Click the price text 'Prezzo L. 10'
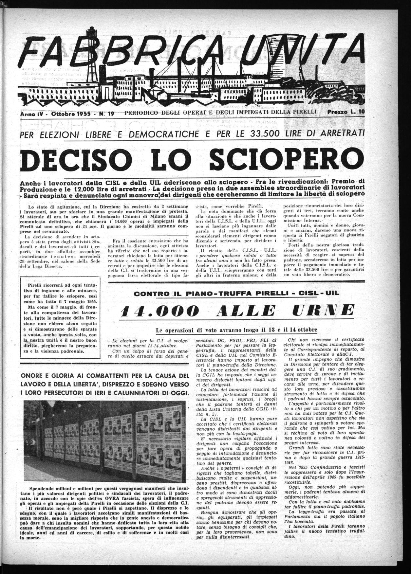[x=346, y=112]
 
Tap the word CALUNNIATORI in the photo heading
[x=126, y=392]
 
